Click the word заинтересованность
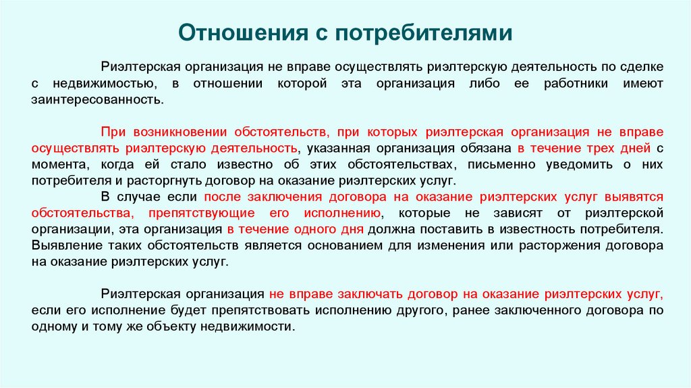97,99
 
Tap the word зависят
530,213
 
